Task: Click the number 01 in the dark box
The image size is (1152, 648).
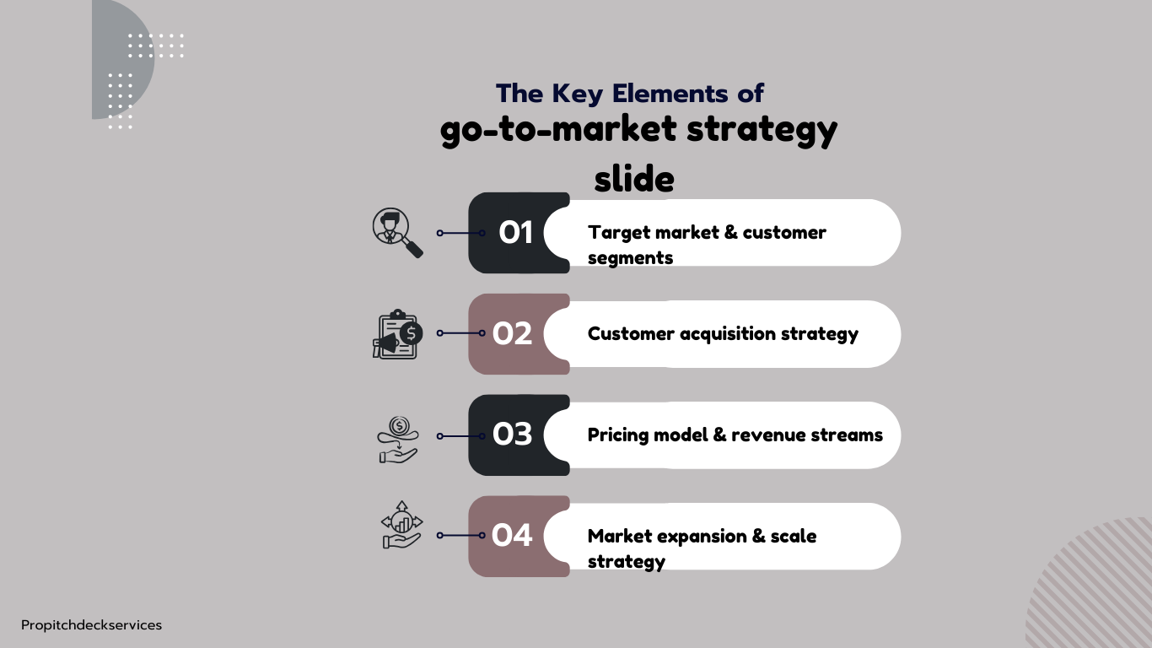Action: (x=515, y=232)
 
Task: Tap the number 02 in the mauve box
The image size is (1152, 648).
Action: (x=512, y=333)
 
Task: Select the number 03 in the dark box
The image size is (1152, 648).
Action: (x=512, y=434)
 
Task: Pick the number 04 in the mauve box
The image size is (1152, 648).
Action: (x=512, y=535)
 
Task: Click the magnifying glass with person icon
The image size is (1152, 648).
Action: (x=397, y=233)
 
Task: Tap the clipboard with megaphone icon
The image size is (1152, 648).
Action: (x=397, y=334)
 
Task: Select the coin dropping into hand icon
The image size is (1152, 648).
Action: (x=398, y=440)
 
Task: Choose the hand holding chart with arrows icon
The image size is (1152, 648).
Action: (x=401, y=525)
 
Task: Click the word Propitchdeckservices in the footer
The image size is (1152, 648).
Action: (x=92, y=625)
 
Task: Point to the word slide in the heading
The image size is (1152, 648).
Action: (x=634, y=179)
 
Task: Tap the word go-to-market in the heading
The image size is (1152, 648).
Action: (x=558, y=129)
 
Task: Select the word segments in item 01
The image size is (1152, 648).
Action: (x=630, y=258)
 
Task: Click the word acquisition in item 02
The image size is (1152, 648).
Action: (x=728, y=334)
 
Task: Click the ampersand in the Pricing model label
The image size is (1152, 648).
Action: (x=719, y=435)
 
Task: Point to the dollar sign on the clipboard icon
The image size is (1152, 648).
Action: (x=411, y=333)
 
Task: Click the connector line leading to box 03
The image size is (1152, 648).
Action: (x=460, y=436)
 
